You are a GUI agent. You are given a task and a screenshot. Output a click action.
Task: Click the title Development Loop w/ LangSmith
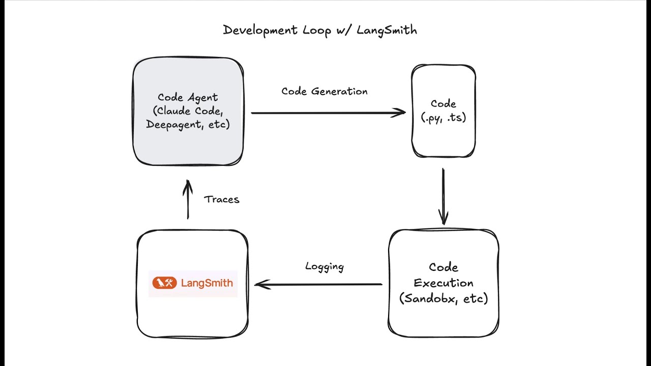tap(320, 30)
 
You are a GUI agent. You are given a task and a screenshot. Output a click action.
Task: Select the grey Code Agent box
tap(188, 147)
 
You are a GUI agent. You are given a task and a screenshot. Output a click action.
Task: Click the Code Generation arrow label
tap(324, 91)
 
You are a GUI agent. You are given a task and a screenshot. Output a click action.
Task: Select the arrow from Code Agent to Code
tap(325, 113)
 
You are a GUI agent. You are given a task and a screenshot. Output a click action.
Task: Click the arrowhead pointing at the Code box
tap(401, 113)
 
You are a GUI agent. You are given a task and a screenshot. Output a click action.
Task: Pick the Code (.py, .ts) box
tap(443, 137)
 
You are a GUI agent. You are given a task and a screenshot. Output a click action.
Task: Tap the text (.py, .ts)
tap(443, 117)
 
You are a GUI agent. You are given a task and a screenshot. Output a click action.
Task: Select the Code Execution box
tap(443, 320)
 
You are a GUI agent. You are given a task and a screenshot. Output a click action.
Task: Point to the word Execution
tap(443, 283)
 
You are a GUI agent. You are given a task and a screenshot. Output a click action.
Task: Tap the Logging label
tap(324, 266)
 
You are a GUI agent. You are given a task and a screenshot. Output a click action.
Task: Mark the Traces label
tap(222, 199)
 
